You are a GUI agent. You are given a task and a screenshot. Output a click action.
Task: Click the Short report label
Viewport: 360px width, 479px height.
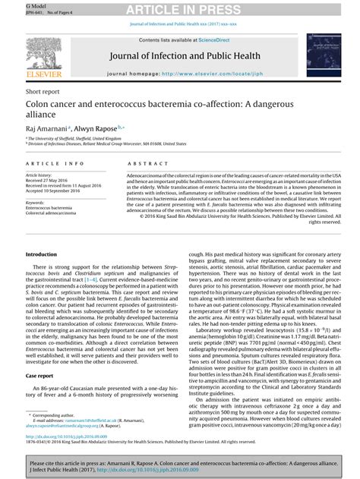(42, 90)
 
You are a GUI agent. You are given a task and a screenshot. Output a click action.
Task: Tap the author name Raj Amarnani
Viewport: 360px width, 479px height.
(45, 130)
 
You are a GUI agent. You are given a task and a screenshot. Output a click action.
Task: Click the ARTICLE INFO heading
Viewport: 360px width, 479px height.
(55, 164)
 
